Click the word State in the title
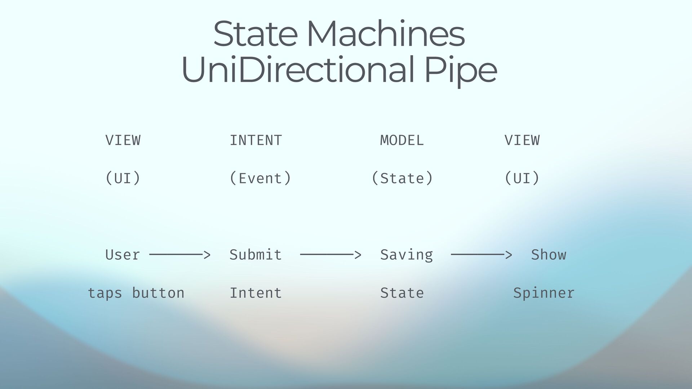[255, 34]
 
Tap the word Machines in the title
[386, 34]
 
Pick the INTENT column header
[256, 140]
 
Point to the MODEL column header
[402, 140]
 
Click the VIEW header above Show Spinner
[522, 140]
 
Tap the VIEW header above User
[123, 140]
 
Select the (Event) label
[260, 178]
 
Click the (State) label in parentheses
[402, 178]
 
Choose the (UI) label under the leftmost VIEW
[123, 178]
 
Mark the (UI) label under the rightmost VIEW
[522, 178]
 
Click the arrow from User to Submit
[179, 255]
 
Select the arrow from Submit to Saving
[330, 255]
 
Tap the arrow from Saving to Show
[481, 255]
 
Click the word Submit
[256, 255]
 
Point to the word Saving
[407, 255]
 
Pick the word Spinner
[544, 293]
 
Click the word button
[158, 293]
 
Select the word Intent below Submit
[256, 293]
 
